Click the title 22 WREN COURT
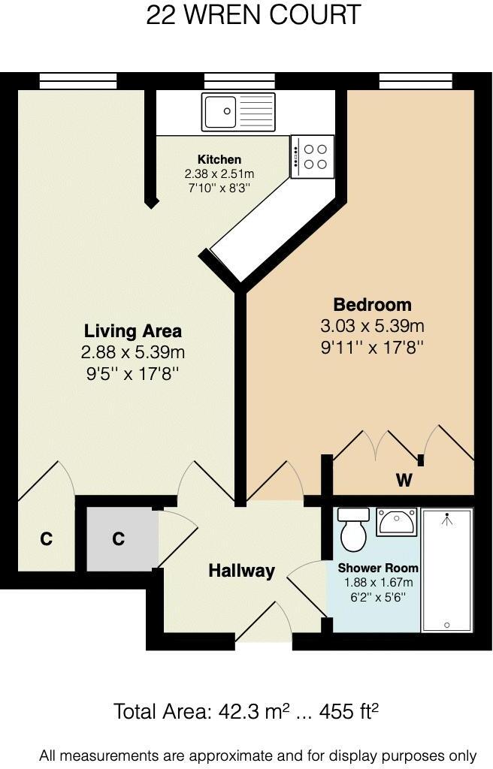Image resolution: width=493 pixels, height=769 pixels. (253, 15)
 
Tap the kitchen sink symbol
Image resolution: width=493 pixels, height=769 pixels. (237, 112)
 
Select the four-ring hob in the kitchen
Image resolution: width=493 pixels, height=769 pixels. (313, 156)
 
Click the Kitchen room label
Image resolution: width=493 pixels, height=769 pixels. (219, 159)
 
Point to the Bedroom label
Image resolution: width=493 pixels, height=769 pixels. (372, 305)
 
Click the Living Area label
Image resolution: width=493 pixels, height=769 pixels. (132, 330)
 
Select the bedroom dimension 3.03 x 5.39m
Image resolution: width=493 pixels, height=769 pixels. (372, 327)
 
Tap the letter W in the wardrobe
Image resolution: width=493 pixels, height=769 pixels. (404, 481)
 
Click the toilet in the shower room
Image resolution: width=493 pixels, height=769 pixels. (354, 529)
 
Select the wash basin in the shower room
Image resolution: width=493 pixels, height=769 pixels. (397, 521)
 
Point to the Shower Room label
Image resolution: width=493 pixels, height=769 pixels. (378, 568)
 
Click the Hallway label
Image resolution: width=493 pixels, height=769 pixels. (241, 571)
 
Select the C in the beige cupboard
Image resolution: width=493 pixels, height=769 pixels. (46, 539)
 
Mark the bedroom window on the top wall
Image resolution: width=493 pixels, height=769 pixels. (416, 80)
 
